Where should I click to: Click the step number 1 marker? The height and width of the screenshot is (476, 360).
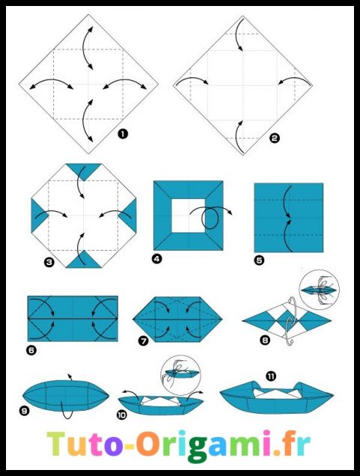click(x=122, y=134)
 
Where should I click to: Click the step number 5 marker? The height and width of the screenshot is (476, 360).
click(x=259, y=261)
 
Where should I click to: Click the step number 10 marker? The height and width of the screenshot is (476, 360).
click(x=123, y=414)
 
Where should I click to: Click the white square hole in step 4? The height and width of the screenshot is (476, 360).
click(x=187, y=215)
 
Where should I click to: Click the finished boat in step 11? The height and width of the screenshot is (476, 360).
click(x=276, y=397)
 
